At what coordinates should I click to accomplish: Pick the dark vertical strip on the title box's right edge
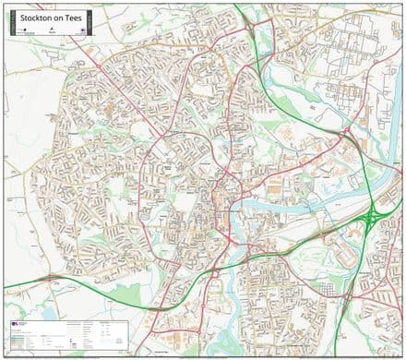click(90, 20)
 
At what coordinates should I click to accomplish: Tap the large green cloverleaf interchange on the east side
click(375, 218)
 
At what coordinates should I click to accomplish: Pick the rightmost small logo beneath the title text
click(78, 28)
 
